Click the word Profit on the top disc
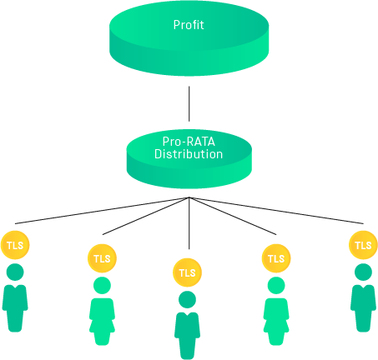pos(189,25)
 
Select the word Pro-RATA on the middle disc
pos(189,142)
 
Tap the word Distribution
pos(189,154)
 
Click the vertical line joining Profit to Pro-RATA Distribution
pos(189,103)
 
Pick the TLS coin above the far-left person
pos(15,245)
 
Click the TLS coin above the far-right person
pos(363,245)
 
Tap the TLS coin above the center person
pos(187,272)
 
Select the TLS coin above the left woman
pos(102,258)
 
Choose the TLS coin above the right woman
pos(276,258)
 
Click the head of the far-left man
pos(15,272)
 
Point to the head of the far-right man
pos(363,272)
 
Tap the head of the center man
pos(187,300)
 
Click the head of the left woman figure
pos(102,285)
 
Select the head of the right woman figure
pos(276,285)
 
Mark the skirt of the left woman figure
pos(102,325)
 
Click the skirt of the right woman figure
pos(276,325)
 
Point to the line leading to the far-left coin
pos(102,210)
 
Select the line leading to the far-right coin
pos(276,210)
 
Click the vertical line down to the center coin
pos(189,223)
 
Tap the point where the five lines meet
pos(189,197)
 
